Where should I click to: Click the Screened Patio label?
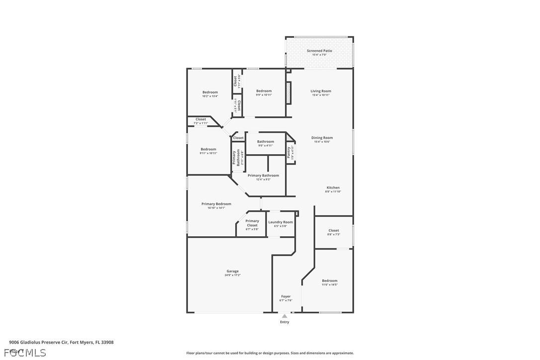pos(319,51)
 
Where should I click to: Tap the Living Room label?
pos(321,91)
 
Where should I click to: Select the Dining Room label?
pos(322,138)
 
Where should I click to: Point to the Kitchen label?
pos(333,187)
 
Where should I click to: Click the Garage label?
pos(232,271)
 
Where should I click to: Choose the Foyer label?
pos(285,296)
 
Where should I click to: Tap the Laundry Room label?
pos(280,222)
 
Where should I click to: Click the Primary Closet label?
pos(252,223)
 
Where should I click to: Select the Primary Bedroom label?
pos(216,204)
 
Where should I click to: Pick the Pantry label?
pos(288,152)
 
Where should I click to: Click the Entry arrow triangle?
pos(284,316)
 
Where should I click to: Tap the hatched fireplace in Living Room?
pos(287,93)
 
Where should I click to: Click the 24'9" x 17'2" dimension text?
pos(232,275)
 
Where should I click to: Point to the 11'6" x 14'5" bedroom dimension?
pos(329,284)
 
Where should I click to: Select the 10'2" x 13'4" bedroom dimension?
pos(210,96)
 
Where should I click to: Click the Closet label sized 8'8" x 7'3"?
pos(334,230)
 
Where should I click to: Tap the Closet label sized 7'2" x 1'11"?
pos(200,119)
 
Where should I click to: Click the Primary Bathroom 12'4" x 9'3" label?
pos(263,176)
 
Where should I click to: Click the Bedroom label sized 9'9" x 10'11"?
pos(264,91)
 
